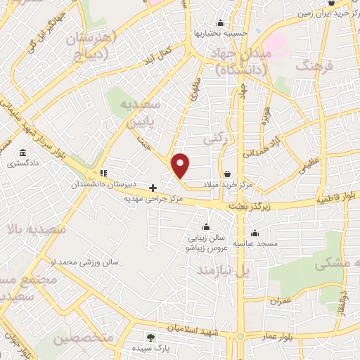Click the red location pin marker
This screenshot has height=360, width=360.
(181, 165)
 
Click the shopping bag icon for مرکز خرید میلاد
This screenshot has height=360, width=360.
(227, 174)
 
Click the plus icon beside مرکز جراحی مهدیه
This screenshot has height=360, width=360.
(153, 187)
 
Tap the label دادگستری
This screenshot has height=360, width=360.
(23, 164)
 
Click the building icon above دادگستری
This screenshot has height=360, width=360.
(23, 153)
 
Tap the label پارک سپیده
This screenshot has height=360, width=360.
(148, 348)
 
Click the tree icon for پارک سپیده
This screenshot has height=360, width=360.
(149, 337)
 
